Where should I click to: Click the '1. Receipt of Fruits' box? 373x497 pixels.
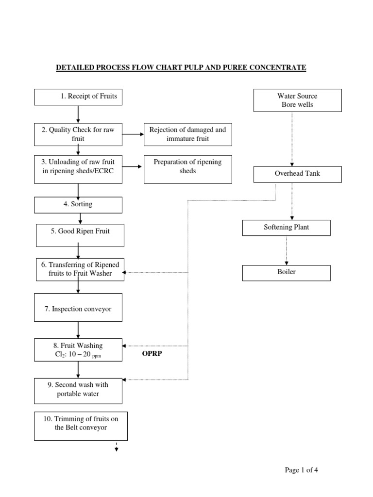coord(79,97)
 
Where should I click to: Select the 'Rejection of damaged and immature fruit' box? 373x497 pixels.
coord(187,134)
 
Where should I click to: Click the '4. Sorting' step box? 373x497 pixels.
coord(79,204)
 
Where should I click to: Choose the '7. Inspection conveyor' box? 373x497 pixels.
coord(79,309)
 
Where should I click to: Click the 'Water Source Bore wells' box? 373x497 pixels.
coord(298,100)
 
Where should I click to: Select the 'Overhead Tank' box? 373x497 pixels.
coord(298,174)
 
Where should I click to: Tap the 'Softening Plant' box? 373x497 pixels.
coord(286,227)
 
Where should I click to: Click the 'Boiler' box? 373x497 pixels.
coord(286,272)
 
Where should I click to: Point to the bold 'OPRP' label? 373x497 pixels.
coord(152,354)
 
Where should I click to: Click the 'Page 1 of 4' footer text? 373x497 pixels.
coord(301,470)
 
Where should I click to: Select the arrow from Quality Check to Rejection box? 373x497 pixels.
coord(133,134)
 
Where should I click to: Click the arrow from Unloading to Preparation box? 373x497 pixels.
coord(133,166)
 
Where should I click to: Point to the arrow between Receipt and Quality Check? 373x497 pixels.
coord(78,114)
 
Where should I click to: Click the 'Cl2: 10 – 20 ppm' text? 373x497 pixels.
coord(78,355)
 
